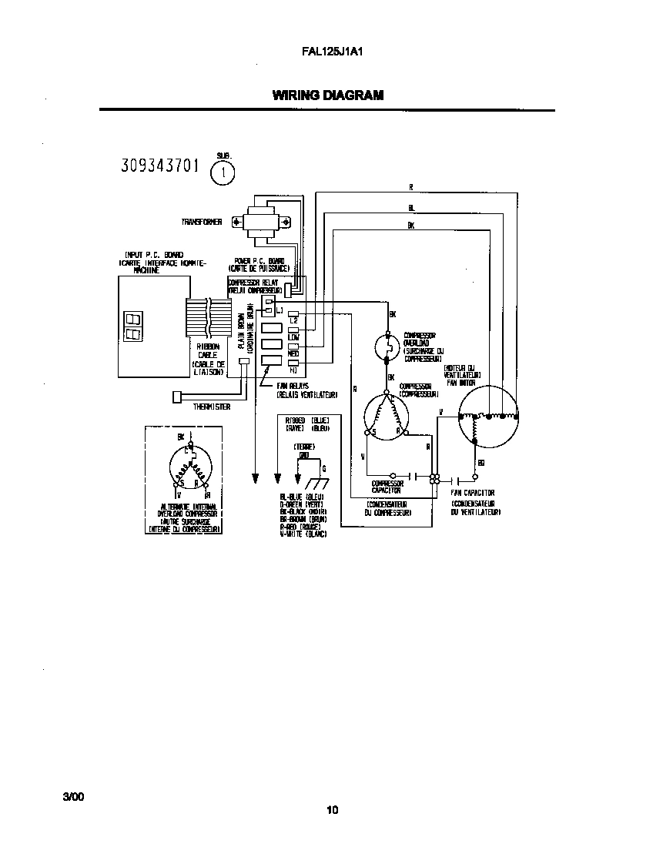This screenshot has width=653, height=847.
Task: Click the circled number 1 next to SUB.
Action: (223, 173)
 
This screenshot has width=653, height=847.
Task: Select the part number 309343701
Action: (161, 166)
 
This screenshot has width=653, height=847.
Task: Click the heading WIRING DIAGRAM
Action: (327, 95)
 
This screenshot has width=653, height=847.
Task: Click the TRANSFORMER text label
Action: (202, 222)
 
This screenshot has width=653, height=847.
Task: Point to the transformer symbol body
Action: (265, 222)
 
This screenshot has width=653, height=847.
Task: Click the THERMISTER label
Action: (213, 407)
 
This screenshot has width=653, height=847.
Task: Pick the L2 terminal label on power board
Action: (293, 319)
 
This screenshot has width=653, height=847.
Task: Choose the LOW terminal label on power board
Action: (293, 336)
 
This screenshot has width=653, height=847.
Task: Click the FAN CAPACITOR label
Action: (473, 493)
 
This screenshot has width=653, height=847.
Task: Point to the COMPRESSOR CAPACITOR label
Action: (387, 487)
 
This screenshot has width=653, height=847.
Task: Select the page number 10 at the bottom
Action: (332, 809)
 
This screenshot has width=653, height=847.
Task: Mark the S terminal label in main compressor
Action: (373, 433)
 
